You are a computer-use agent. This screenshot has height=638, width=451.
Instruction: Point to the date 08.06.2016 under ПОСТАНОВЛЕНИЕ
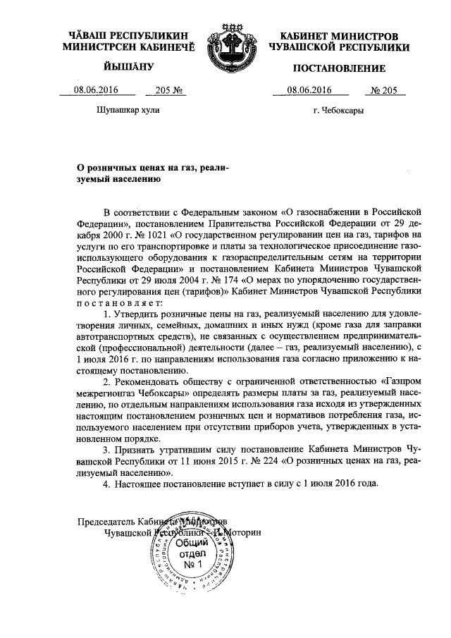(x=308, y=90)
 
